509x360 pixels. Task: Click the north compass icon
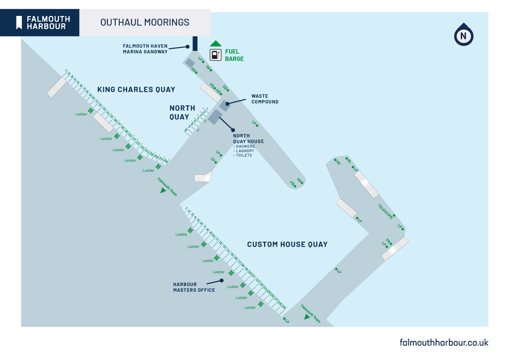point(463,35)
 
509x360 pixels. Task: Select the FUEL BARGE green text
point(234,55)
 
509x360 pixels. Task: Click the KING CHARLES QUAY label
point(136,90)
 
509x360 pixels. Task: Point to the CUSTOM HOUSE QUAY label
point(287,244)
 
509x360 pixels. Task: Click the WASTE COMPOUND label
point(265,99)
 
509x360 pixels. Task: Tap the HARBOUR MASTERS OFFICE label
point(194,287)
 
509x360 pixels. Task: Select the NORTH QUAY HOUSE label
point(248,138)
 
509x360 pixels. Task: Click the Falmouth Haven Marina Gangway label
point(145,49)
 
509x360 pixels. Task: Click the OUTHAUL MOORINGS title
point(145,22)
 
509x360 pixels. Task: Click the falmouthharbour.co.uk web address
point(443,342)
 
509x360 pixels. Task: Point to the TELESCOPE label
point(385,212)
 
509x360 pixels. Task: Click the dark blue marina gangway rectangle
point(195,43)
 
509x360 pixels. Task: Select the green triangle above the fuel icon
point(215,44)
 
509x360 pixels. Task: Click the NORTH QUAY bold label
point(182,112)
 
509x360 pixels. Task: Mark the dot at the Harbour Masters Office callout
point(222,280)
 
